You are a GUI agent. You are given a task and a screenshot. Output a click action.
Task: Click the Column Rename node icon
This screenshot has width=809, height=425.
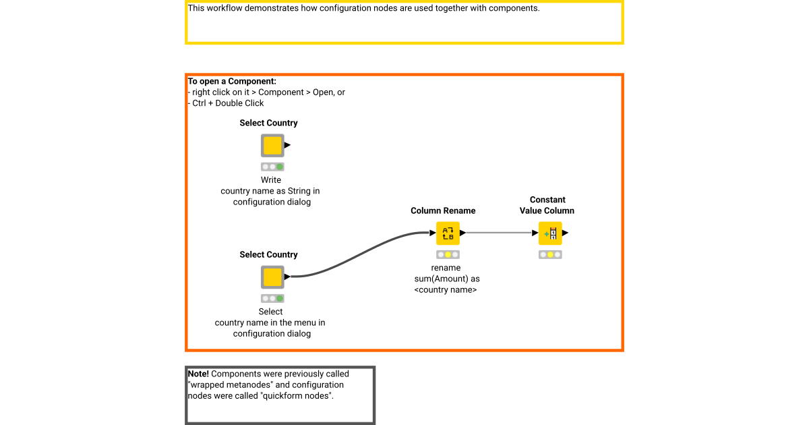[x=448, y=233]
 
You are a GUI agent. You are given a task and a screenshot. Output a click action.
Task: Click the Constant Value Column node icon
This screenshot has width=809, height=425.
[x=550, y=233]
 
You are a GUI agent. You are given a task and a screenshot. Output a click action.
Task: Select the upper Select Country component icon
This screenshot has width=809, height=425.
[x=272, y=145]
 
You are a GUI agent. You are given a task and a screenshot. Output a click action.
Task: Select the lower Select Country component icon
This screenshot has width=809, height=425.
[x=272, y=277]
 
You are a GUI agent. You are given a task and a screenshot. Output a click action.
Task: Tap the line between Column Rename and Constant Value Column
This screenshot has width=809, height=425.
[x=499, y=233]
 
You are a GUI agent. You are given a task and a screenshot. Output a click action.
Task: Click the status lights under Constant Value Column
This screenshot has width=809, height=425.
[x=550, y=254]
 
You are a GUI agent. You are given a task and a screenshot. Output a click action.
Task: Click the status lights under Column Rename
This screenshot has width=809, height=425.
[x=448, y=254]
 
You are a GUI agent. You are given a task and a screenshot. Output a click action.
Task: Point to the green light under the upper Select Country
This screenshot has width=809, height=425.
[x=279, y=167]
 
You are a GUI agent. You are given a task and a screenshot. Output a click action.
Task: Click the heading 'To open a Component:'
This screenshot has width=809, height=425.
[x=232, y=82]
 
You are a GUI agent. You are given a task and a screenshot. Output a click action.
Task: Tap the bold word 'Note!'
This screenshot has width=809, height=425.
[x=198, y=374]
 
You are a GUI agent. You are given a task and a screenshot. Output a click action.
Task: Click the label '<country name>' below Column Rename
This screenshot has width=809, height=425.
[x=446, y=289]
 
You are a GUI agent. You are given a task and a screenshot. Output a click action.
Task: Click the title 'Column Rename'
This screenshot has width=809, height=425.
[x=443, y=210]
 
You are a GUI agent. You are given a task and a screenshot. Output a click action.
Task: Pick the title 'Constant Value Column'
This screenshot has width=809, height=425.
[x=547, y=205]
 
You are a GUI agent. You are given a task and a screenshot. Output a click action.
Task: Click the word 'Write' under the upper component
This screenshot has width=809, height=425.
[x=271, y=180]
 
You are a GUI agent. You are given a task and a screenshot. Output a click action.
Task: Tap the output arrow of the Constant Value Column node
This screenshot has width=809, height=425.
[x=565, y=233]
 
